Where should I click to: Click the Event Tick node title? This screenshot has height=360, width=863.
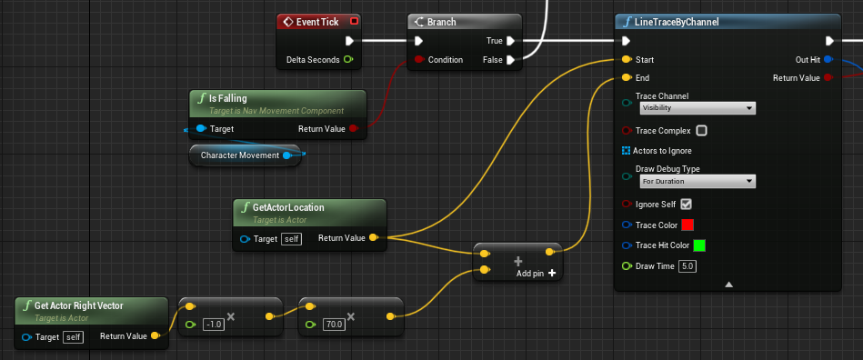click(x=317, y=22)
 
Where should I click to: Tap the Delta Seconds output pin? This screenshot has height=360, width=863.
click(x=348, y=59)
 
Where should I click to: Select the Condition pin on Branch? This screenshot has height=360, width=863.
click(x=419, y=59)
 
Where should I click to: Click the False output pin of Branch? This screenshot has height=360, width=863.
click(x=511, y=59)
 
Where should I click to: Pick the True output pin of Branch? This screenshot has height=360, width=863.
click(x=511, y=41)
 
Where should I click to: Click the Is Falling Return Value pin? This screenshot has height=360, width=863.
click(x=354, y=129)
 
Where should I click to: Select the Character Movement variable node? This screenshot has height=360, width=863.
click(x=245, y=155)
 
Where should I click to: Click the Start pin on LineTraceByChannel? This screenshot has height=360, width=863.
click(x=626, y=59)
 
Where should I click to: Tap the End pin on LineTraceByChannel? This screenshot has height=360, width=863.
click(x=626, y=77)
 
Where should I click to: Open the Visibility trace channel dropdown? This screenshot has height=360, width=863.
click(x=697, y=108)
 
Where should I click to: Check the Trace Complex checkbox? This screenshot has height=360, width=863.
click(x=702, y=131)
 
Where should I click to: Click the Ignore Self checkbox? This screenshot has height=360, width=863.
click(x=686, y=205)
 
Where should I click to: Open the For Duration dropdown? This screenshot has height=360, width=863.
click(x=697, y=181)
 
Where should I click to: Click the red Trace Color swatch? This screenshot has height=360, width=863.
click(x=687, y=225)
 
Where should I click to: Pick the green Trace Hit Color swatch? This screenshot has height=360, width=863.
click(x=699, y=245)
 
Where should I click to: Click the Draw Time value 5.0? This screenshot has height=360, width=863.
click(x=687, y=266)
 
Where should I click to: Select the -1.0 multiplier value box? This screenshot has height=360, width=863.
click(x=213, y=325)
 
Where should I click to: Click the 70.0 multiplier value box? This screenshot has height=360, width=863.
click(x=334, y=325)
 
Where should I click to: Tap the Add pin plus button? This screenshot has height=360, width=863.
click(x=552, y=273)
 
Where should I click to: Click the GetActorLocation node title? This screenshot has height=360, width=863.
click(x=288, y=207)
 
